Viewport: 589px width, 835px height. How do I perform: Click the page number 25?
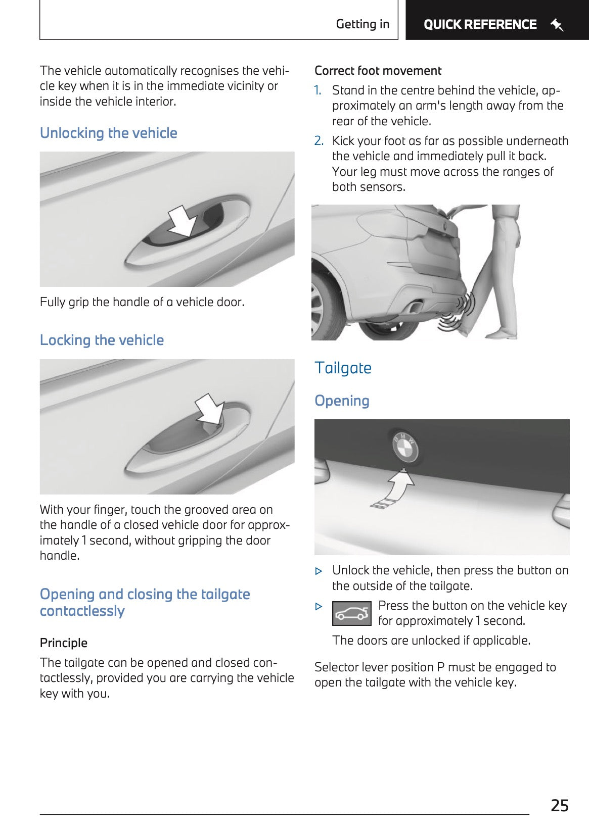559,805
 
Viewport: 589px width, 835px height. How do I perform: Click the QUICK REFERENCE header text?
480,24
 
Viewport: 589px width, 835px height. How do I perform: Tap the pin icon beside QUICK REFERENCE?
557,24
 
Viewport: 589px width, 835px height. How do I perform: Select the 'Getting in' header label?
363,24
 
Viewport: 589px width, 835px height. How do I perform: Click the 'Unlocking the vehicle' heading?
109,133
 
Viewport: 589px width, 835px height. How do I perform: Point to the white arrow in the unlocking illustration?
182,221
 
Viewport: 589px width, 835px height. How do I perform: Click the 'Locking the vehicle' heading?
102,340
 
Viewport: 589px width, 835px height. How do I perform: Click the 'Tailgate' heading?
343,368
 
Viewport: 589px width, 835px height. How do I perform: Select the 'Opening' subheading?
342,401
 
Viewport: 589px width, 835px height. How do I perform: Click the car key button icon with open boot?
352,613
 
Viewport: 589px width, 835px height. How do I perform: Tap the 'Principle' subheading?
64,643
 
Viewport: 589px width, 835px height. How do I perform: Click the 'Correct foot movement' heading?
378,71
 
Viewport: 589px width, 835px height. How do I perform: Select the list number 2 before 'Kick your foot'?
319,141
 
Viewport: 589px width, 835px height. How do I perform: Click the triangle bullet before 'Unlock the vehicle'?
319,571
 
